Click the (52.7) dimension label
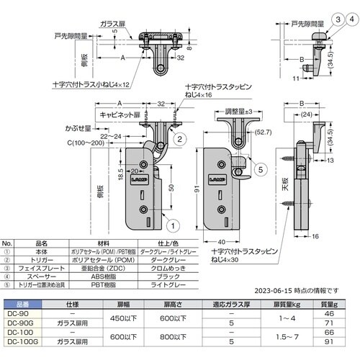(x=262, y=131)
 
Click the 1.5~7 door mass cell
(x=290, y=338)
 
